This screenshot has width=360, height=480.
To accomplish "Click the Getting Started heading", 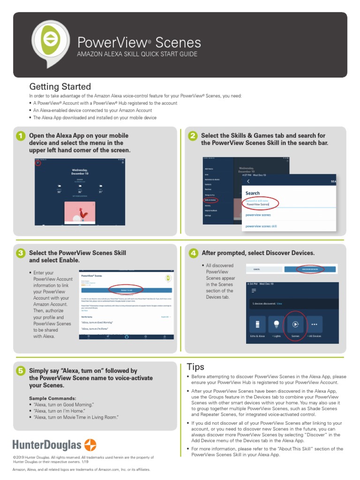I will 60,87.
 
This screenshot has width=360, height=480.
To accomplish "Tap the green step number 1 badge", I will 21,136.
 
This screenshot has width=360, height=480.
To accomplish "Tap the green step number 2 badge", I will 193,136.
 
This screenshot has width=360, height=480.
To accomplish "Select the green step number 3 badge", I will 21,254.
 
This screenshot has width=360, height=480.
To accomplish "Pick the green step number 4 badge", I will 193,253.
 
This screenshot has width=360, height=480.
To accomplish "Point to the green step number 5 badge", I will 21,371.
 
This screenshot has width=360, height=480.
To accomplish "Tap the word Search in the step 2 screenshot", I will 252,193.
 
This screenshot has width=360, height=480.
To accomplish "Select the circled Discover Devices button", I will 309,270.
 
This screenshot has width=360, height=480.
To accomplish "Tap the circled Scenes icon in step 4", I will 295,324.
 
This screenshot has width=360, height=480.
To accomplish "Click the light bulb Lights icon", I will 276,324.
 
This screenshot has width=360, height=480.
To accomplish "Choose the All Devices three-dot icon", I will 314,324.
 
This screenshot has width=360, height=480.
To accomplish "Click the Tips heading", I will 195,367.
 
